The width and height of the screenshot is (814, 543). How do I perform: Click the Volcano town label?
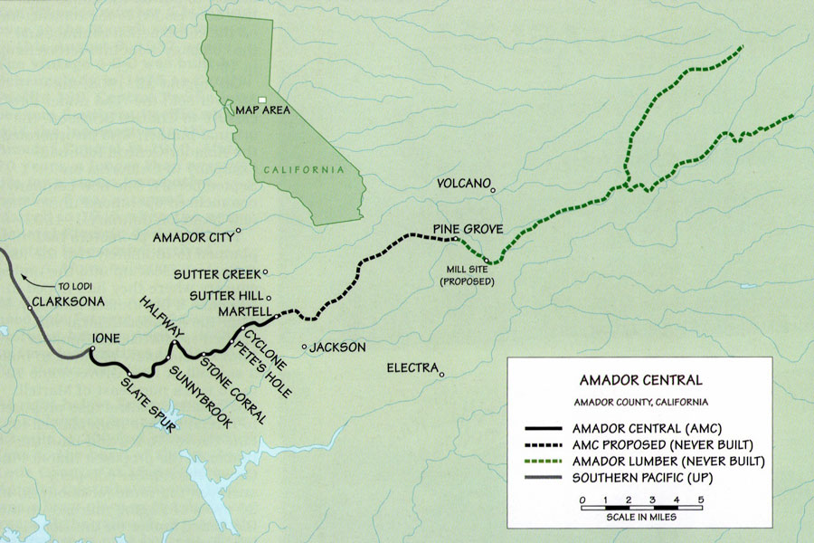[x=462, y=181]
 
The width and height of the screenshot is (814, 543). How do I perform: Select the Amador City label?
[x=192, y=237]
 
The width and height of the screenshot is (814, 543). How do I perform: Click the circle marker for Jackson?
[x=306, y=347]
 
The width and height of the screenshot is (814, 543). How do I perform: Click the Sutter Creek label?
[x=217, y=272]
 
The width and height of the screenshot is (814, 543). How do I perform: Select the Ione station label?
[x=105, y=341]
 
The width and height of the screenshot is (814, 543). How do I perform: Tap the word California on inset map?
[x=304, y=169]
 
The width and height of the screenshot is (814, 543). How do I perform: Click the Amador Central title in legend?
[x=639, y=381]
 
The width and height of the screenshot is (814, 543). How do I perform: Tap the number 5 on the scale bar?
[x=701, y=500]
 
